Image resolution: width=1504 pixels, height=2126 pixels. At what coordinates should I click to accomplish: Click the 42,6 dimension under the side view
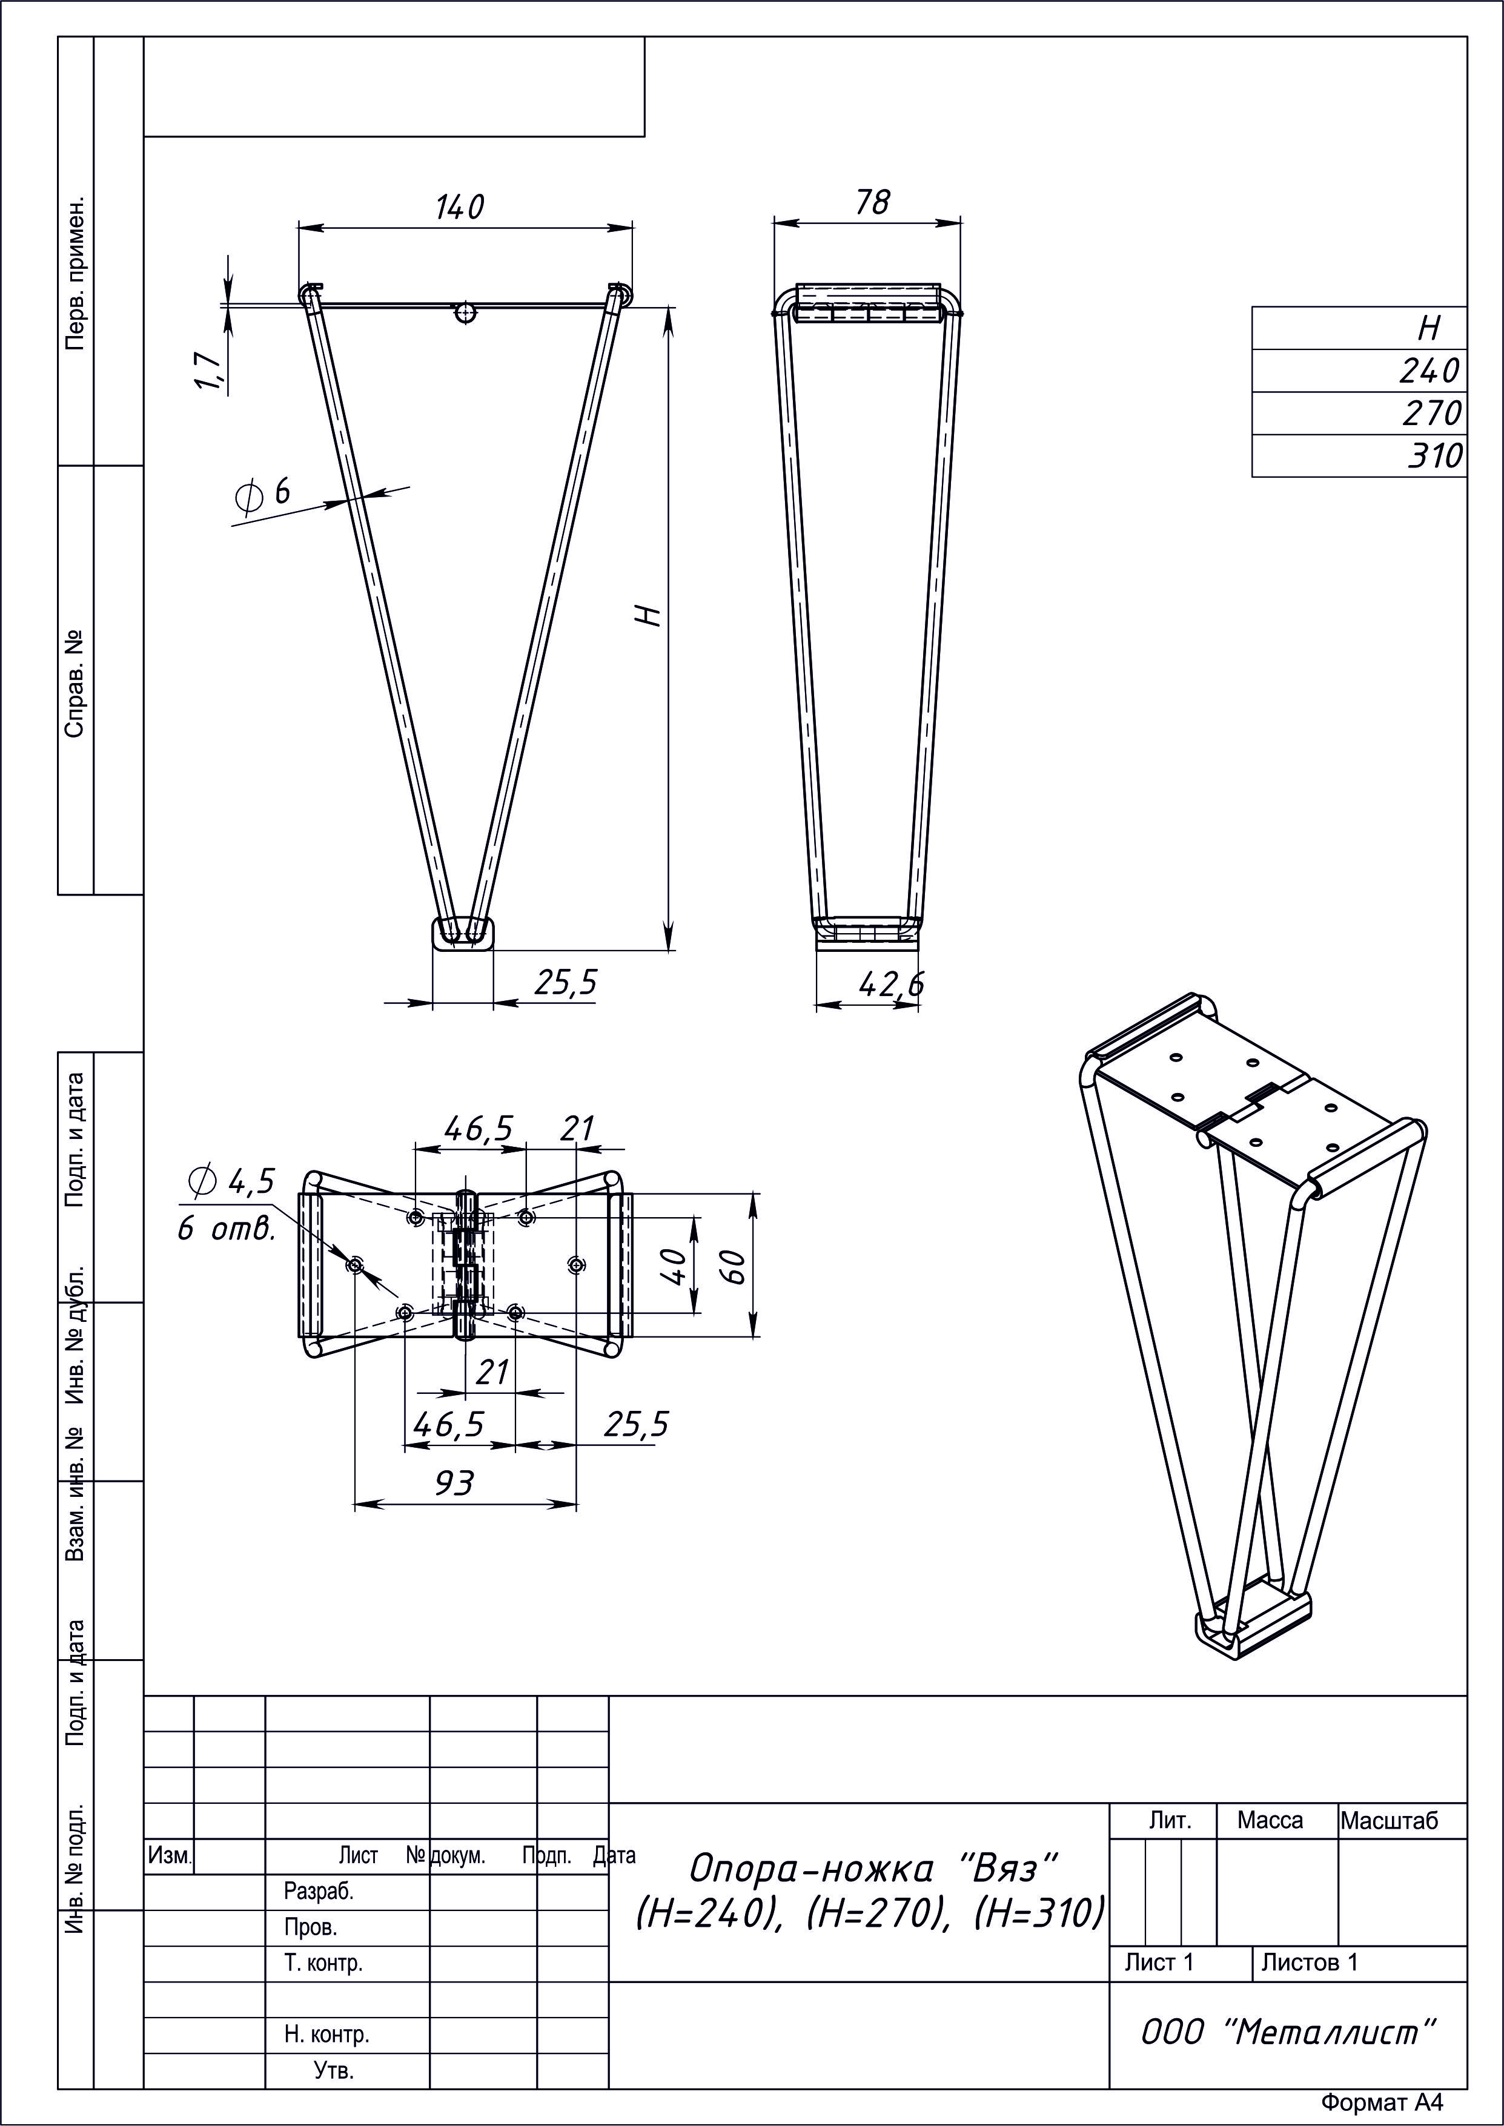point(891,985)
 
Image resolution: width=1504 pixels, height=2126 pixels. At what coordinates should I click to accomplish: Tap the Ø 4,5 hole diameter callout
point(231,1181)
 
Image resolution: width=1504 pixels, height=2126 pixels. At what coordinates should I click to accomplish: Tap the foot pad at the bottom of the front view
point(463,933)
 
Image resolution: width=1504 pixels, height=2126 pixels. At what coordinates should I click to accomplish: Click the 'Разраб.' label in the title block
point(319,1891)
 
